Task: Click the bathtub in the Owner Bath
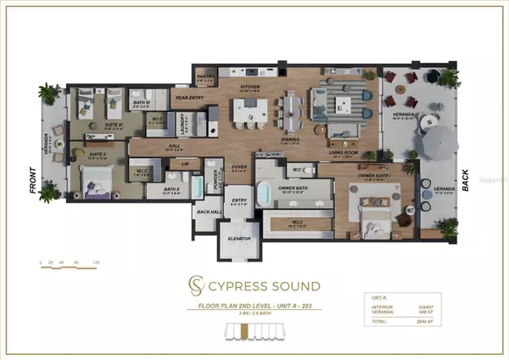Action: click(264, 190)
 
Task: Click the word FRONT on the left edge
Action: click(33, 182)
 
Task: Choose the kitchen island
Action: click(251, 110)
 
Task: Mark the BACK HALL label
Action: click(205, 212)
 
